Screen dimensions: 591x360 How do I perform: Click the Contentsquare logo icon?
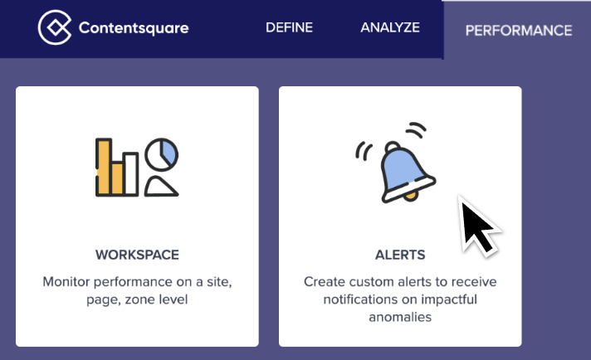point(55,27)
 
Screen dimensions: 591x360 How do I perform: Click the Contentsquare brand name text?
point(134,28)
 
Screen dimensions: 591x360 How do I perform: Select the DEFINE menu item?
point(289,27)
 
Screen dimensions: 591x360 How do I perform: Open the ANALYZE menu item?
point(390,27)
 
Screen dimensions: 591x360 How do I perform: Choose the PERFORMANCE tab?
point(519,31)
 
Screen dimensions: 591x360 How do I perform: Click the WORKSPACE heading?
point(137,255)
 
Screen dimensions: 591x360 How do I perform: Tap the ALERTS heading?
point(400,255)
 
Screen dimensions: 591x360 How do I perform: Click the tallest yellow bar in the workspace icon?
point(104,167)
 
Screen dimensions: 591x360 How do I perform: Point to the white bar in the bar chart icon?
point(130,174)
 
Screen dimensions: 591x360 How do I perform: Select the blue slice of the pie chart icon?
point(169,151)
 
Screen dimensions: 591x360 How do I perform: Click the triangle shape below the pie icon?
point(161,187)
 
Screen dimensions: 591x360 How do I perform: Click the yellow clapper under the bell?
point(410,196)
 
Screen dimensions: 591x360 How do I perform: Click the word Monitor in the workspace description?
point(66,282)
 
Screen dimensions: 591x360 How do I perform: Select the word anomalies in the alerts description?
point(400,317)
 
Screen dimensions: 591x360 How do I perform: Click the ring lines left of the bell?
point(362,151)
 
